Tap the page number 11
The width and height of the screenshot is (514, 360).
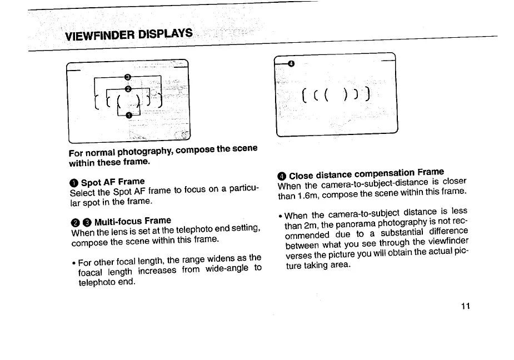pyautogui.click(x=466, y=306)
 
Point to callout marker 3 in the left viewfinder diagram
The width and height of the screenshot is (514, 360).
pyautogui.click(x=127, y=77)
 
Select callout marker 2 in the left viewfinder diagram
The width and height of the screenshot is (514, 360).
pyautogui.click(x=128, y=89)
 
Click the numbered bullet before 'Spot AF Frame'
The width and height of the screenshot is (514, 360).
pyautogui.click(x=74, y=183)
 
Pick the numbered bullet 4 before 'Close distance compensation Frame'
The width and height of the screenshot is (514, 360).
pyautogui.click(x=282, y=177)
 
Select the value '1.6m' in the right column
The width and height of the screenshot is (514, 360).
pyautogui.click(x=306, y=195)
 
